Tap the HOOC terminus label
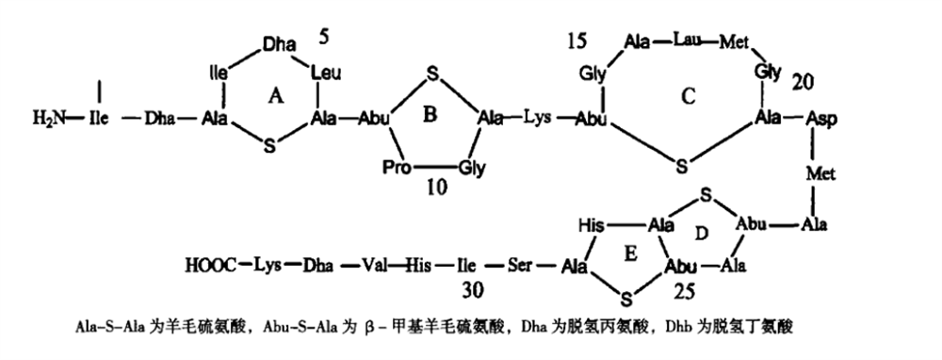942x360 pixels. [x=211, y=265]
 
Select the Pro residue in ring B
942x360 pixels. [x=398, y=168]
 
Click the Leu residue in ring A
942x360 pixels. [x=326, y=74]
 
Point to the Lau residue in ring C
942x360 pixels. [x=686, y=41]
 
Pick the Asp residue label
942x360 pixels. [x=820, y=119]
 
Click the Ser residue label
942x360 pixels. [x=520, y=265]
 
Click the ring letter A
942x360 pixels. [x=276, y=95]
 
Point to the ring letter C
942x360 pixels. [x=689, y=96]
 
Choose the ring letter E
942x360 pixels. [x=630, y=254]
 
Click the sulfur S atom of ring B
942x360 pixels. [x=430, y=74]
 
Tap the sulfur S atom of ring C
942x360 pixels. [x=681, y=167]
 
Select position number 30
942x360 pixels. [x=473, y=290]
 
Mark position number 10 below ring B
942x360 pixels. [x=437, y=188]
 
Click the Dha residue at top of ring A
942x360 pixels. [x=279, y=44]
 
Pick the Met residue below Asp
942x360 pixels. [x=820, y=173]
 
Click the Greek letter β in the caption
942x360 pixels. [x=371, y=328]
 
